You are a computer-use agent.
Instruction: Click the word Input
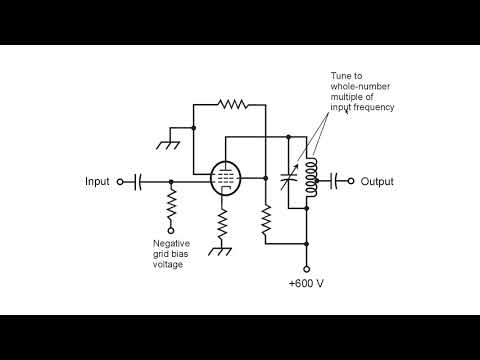point(98,182)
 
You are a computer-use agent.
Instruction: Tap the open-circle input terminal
point(120,182)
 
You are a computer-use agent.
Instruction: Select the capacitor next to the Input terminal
point(139,182)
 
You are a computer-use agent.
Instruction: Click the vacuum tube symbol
point(227,180)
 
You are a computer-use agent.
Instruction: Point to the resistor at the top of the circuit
point(233,102)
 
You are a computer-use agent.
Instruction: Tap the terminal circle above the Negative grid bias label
point(171,232)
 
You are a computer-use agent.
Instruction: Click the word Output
point(378,182)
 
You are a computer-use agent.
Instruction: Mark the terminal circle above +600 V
point(307,268)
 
